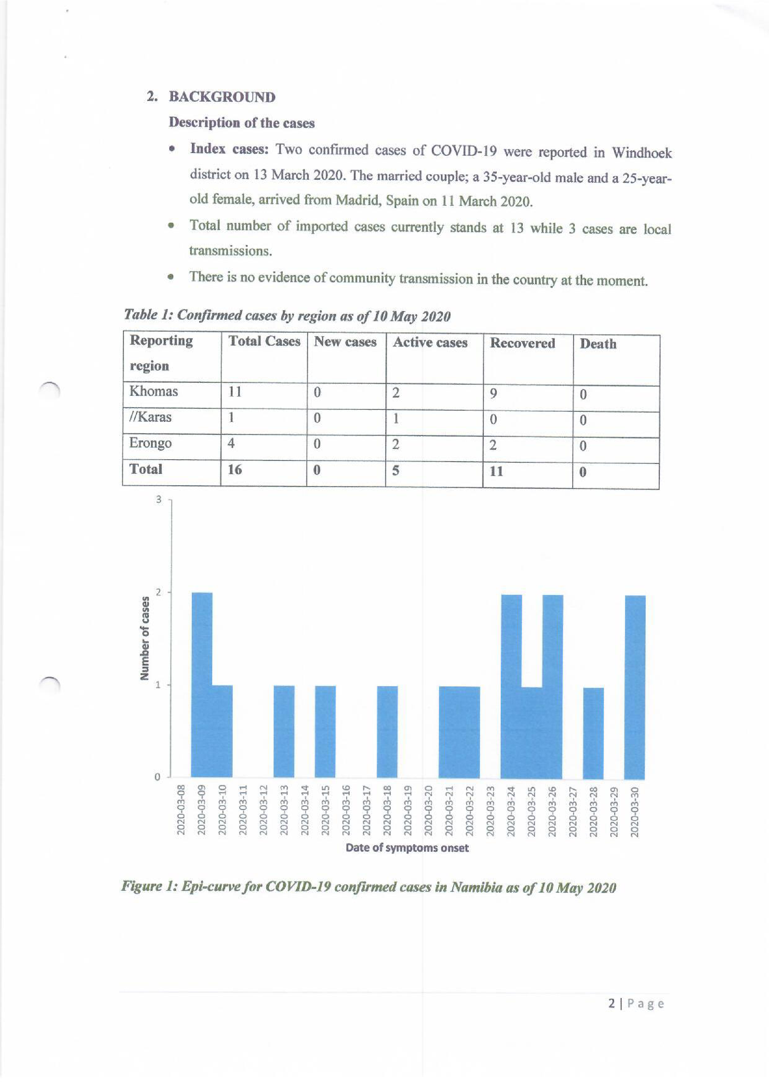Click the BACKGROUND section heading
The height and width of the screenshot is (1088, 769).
pos(222,97)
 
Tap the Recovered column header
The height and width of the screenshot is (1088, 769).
pos(522,343)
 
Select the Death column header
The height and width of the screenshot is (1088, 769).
pos(598,344)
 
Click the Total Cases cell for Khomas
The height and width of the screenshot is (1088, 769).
pos(235,392)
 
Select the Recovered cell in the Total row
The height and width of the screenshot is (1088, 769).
pos(496,472)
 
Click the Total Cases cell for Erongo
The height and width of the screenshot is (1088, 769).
pos(231,444)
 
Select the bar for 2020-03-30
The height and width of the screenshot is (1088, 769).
pos(635,687)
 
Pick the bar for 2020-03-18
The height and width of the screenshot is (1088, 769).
pos(387,732)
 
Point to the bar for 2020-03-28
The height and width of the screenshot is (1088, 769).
pos(593,733)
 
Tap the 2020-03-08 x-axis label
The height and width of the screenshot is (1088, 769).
pos(180,810)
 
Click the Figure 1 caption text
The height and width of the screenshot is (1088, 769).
pos(368,887)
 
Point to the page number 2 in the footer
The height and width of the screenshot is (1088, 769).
pos(612,1004)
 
